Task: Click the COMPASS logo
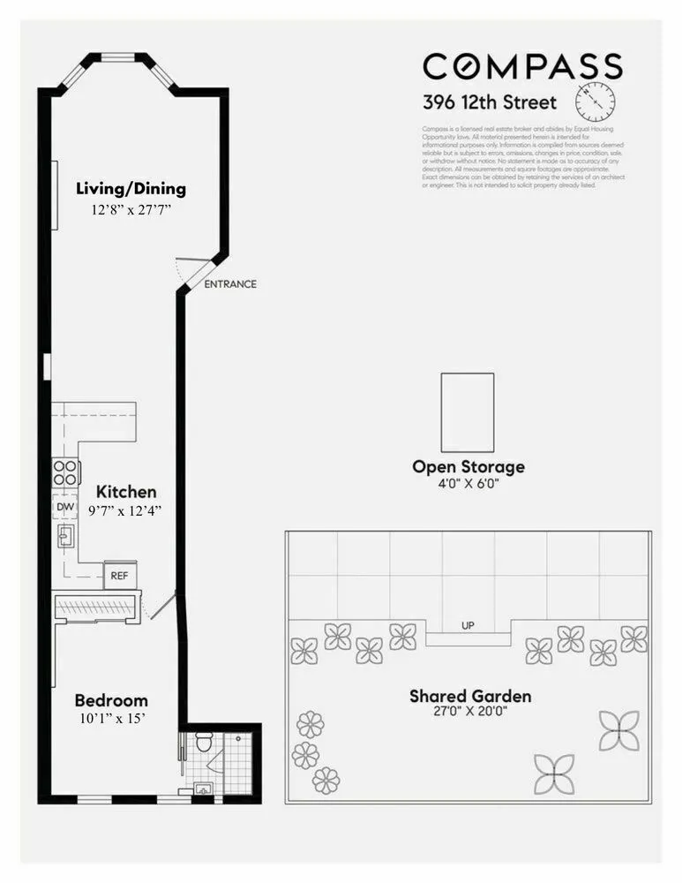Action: click(522, 67)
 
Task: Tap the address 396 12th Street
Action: click(490, 102)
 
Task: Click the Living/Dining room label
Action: click(131, 188)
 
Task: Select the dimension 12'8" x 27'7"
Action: click(131, 210)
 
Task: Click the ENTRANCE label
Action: click(230, 284)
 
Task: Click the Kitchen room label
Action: click(126, 492)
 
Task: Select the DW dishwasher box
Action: click(64, 508)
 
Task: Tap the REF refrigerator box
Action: click(119, 576)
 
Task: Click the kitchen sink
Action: click(65, 536)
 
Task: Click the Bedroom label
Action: click(110, 700)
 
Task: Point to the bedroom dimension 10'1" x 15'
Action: click(110, 719)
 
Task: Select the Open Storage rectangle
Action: click(467, 412)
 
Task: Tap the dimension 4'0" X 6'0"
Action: click(468, 484)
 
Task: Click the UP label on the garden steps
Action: click(468, 626)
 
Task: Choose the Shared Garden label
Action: click(470, 696)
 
